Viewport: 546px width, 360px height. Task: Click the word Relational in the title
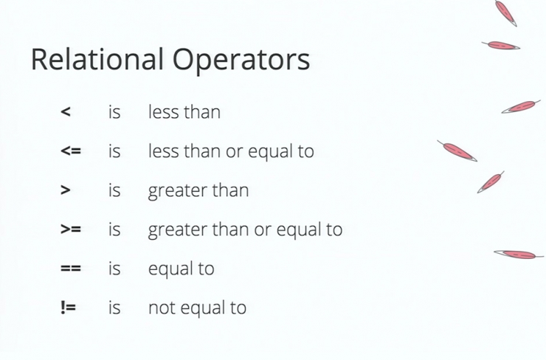point(97,59)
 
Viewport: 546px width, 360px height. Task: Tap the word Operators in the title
point(241,61)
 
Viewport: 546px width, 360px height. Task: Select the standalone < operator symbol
point(66,111)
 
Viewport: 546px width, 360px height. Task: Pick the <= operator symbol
point(71,150)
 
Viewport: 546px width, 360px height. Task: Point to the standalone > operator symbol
point(66,190)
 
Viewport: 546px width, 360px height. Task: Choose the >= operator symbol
point(71,229)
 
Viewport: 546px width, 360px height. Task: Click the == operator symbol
point(71,268)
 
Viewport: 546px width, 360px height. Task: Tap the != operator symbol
point(68,307)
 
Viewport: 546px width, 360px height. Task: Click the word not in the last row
point(162,308)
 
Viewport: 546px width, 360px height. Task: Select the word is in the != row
point(114,307)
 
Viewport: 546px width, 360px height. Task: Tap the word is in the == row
point(114,268)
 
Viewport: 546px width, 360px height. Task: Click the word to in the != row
point(238,308)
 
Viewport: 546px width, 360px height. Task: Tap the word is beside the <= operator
point(114,150)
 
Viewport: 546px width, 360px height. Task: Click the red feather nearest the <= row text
point(457,150)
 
